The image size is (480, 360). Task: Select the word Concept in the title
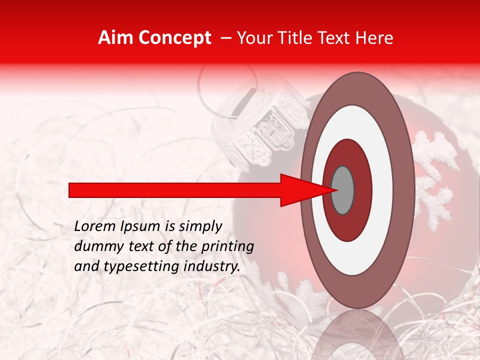tap(174, 38)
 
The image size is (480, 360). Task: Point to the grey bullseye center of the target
tap(343, 190)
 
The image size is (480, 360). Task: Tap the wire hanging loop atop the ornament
tap(227, 85)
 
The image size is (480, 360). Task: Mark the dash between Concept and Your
tap(225, 38)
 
